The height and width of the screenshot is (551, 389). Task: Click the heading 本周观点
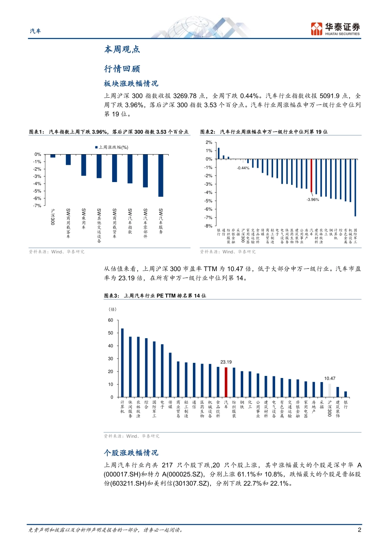(x=122, y=50)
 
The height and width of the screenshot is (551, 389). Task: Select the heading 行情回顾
(x=122, y=69)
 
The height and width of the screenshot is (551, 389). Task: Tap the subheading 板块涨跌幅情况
(x=131, y=84)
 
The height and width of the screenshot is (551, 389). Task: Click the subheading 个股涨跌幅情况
(x=131, y=453)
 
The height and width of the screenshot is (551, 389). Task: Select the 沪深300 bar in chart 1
(x=53, y=156)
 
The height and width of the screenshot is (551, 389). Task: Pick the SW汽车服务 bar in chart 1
(x=161, y=175)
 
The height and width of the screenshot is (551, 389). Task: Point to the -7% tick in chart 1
(x=37, y=206)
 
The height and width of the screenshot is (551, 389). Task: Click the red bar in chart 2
(x=311, y=175)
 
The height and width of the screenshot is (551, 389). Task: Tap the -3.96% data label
(x=312, y=200)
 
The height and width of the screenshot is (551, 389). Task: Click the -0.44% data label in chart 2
(x=243, y=168)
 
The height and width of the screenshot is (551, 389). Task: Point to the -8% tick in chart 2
(x=208, y=226)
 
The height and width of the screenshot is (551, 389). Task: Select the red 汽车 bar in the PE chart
(x=226, y=382)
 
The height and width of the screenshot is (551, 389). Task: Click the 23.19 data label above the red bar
(x=226, y=362)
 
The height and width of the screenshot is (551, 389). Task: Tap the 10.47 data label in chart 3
(x=330, y=378)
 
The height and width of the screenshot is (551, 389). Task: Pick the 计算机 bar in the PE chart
(x=122, y=362)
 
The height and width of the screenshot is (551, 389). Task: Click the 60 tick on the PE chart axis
(x=111, y=320)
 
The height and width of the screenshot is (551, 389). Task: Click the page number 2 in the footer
(x=360, y=530)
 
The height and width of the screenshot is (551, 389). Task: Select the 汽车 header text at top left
(x=35, y=31)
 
